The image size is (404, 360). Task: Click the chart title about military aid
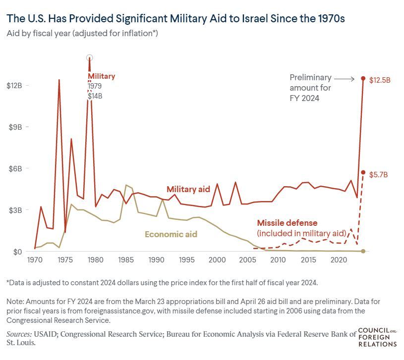click(175, 19)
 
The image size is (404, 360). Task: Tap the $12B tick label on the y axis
click(14, 86)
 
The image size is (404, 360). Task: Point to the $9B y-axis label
click(15, 127)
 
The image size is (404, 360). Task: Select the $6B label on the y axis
click(15, 168)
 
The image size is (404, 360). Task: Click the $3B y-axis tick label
click(15, 210)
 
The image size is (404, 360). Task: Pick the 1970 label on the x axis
click(35, 260)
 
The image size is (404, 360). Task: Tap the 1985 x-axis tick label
click(126, 260)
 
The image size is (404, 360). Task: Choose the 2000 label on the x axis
click(217, 260)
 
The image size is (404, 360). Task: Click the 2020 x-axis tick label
click(339, 260)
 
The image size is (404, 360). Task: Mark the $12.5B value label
click(380, 80)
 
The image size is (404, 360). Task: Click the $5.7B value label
click(379, 175)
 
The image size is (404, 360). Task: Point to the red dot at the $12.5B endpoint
click(363, 79)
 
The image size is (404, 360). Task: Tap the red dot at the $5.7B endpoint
click(363, 172)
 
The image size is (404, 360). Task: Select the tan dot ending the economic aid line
click(363, 251)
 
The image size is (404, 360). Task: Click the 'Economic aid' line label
click(171, 234)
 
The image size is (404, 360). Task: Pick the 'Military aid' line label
click(189, 189)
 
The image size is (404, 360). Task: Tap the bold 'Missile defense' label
click(287, 223)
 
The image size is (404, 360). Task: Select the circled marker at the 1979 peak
click(90, 57)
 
